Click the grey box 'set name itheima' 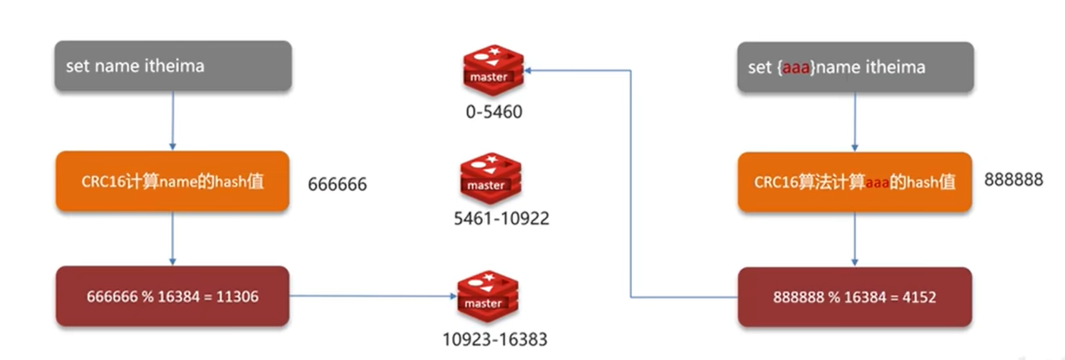[x=173, y=66]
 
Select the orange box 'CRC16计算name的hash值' [x=173, y=181]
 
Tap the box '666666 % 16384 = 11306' [x=173, y=296]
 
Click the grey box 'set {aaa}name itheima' [x=855, y=67]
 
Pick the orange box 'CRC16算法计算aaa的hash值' [x=855, y=182]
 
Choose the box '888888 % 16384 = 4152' [x=855, y=297]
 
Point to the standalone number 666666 [x=337, y=185]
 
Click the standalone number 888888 [x=1013, y=180]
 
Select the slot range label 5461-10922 [x=501, y=219]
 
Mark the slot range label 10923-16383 [x=494, y=340]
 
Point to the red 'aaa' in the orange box [x=876, y=182]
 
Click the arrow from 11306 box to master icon [x=372, y=296]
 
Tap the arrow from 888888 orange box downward [x=855, y=239]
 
